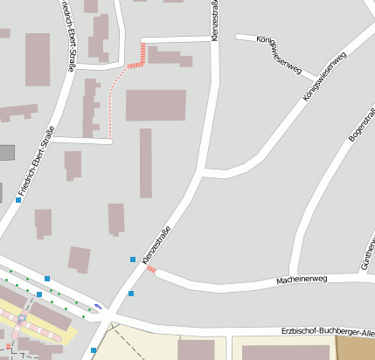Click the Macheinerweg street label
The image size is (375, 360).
coord(301,280)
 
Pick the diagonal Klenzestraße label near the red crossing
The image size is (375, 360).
coord(156,246)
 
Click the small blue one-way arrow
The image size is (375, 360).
coord(98,305)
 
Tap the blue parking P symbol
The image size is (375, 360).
coord(21,320)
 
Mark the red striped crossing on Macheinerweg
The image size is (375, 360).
coord(152,271)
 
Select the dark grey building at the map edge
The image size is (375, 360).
coord(6,153)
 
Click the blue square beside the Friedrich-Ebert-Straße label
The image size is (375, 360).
coord(18,200)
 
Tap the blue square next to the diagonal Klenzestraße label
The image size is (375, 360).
coord(133,260)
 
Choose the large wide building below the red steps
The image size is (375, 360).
coord(156,105)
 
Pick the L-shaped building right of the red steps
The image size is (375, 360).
coord(168,57)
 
